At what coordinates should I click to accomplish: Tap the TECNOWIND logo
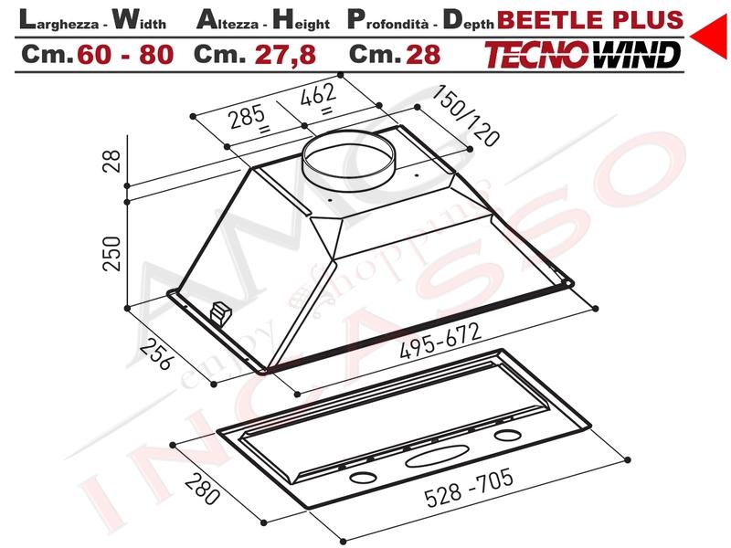tap(582, 55)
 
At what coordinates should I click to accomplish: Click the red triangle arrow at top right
tap(711, 36)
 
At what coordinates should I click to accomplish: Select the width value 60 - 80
tap(125, 55)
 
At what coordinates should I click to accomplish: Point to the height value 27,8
tap(285, 55)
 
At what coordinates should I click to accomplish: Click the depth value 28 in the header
tap(423, 55)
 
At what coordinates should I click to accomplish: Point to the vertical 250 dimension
tap(111, 253)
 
